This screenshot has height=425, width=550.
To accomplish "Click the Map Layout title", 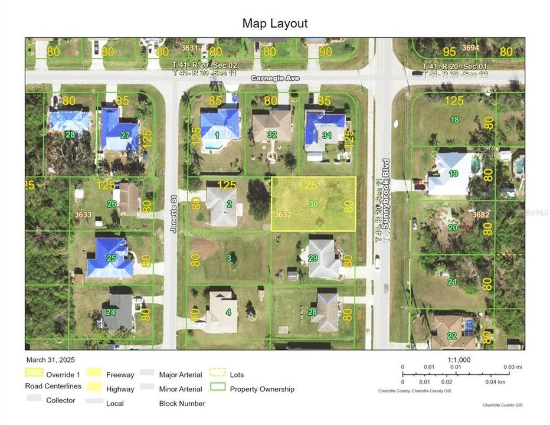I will click(x=275, y=24).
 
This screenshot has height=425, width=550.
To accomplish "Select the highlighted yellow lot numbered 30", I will click(x=313, y=204).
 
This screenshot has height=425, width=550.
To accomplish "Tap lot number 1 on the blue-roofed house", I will click(x=217, y=135).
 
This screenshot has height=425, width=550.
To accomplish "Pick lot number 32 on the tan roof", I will click(x=271, y=135).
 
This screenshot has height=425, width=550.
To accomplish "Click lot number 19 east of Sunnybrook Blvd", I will click(x=453, y=174).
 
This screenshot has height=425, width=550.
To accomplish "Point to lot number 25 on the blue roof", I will click(x=112, y=258).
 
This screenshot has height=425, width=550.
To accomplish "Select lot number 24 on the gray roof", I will click(x=110, y=312).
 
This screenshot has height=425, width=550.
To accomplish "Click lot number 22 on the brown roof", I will click(x=451, y=335).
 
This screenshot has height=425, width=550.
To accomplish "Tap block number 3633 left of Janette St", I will click(x=83, y=215).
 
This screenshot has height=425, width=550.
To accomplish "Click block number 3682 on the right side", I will click(x=481, y=215).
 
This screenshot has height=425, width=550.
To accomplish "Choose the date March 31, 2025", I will click(x=50, y=359).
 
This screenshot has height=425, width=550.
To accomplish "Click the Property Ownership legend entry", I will click(x=262, y=389).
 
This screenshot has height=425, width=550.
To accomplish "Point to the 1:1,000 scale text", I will click(x=459, y=359).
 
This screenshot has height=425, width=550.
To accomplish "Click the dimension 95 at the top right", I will click(x=450, y=51).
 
